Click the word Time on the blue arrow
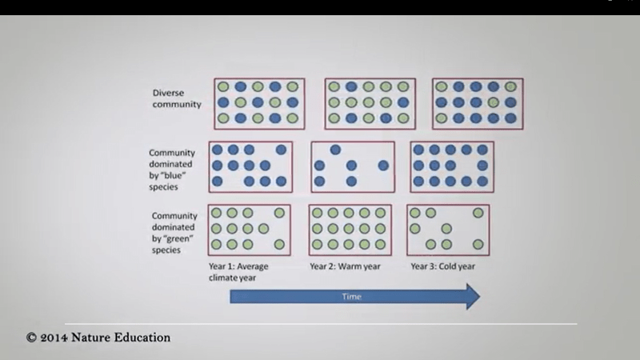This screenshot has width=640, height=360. (353, 297)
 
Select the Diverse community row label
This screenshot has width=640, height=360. (177, 98)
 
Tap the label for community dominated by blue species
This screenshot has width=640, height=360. (174, 169)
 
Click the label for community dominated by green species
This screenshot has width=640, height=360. (174, 232)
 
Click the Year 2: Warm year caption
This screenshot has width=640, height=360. (346, 266)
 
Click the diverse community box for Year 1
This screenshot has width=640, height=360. (260, 103)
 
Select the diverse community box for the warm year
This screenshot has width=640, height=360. (366, 103)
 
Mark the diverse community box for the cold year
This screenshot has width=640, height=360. (478, 103)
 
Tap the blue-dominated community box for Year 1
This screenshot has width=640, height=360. (250, 166)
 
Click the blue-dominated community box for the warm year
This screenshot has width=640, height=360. (353, 166)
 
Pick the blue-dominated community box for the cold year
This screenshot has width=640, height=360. (452, 166)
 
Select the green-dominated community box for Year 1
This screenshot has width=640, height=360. (249, 230)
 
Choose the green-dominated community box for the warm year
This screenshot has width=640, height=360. (350, 230)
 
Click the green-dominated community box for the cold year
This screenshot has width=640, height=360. (448, 230)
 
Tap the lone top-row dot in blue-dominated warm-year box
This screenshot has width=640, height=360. (335, 150)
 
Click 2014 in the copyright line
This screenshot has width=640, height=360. (60, 338)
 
